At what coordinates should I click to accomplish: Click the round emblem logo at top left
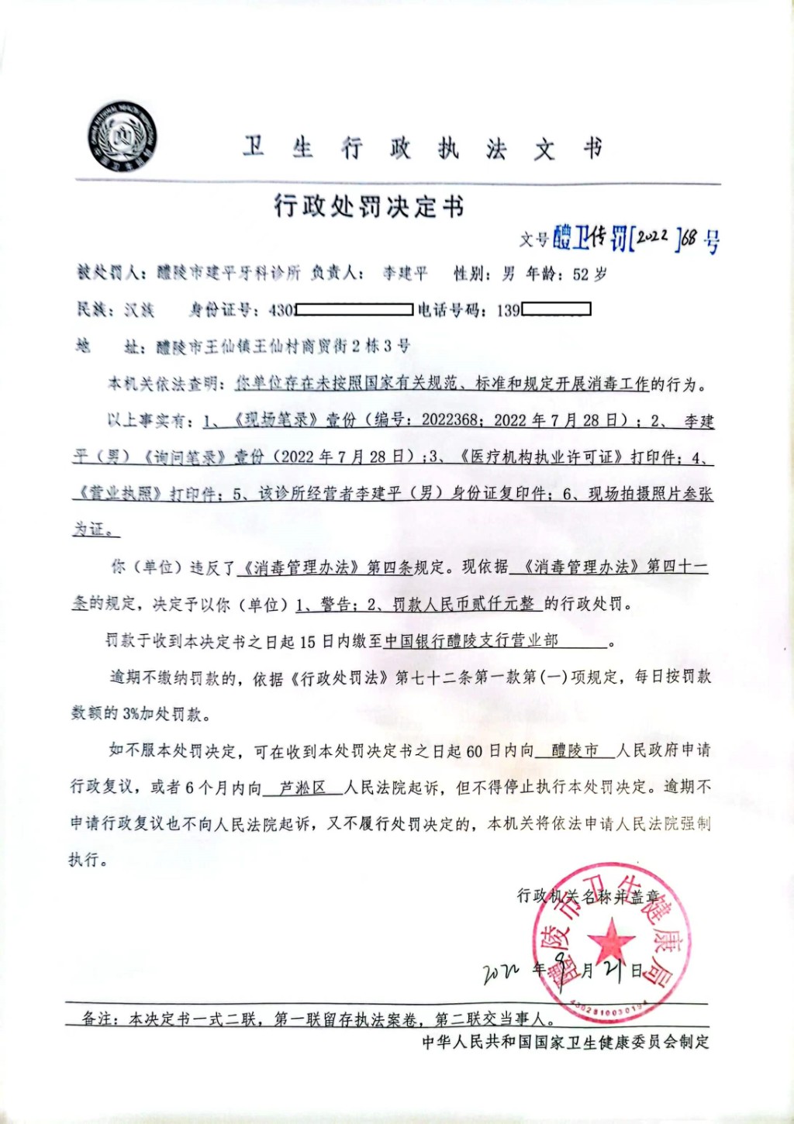(x=122, y=137)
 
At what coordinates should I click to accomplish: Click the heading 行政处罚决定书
(x=369, y=207)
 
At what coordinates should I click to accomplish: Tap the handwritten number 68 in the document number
(x=689, y=237)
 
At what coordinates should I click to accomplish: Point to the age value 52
(x=582, y=274)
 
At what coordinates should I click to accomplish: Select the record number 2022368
(x=450, y=421)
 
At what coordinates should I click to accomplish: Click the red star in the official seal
(x=611, y=940)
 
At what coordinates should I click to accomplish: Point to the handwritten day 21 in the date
(x=613, y=969)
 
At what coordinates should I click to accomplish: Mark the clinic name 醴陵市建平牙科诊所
(x=229, y=274)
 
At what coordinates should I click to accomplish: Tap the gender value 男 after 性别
(x=508, y=274)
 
